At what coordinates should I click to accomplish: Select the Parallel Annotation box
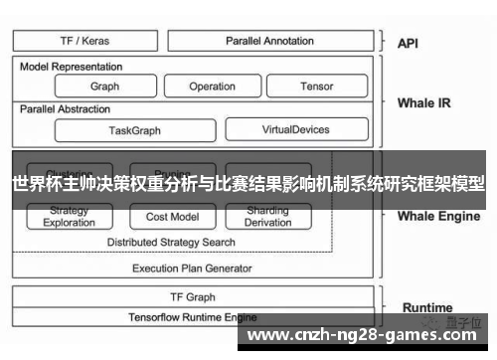[269, 41]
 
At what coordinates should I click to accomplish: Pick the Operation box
[212, 87]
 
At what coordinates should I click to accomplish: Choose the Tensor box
[316, 87]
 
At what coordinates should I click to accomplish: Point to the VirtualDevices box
[295, 129]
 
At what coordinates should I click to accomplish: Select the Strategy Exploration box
[69, 217]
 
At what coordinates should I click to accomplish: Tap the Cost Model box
[172, 217]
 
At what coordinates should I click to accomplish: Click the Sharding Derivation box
[267, 217]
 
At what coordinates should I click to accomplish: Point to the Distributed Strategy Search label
[171, 242]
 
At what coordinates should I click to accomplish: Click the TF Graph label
[193, 296]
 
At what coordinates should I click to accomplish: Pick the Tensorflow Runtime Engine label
[192, 316]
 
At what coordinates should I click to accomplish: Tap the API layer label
[409, 43]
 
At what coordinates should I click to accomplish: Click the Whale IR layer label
[423, 102]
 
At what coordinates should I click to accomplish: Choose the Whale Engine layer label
[438, 216]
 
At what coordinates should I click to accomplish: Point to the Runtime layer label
[427, 307]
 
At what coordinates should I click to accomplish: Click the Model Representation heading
[72, 67]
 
